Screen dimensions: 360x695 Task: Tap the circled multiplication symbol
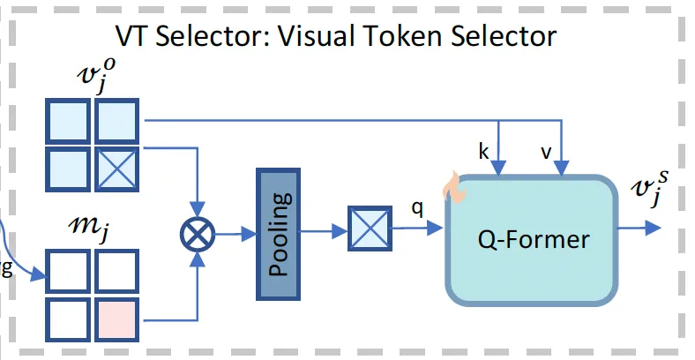click(x=198, y=235)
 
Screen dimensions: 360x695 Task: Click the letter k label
click(x=483, y=152)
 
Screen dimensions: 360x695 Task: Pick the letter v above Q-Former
click(x=546, y=152)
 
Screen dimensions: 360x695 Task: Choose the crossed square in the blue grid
click(x=116, y=168)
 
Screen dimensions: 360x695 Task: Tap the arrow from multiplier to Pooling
click(x=233, y=235)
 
